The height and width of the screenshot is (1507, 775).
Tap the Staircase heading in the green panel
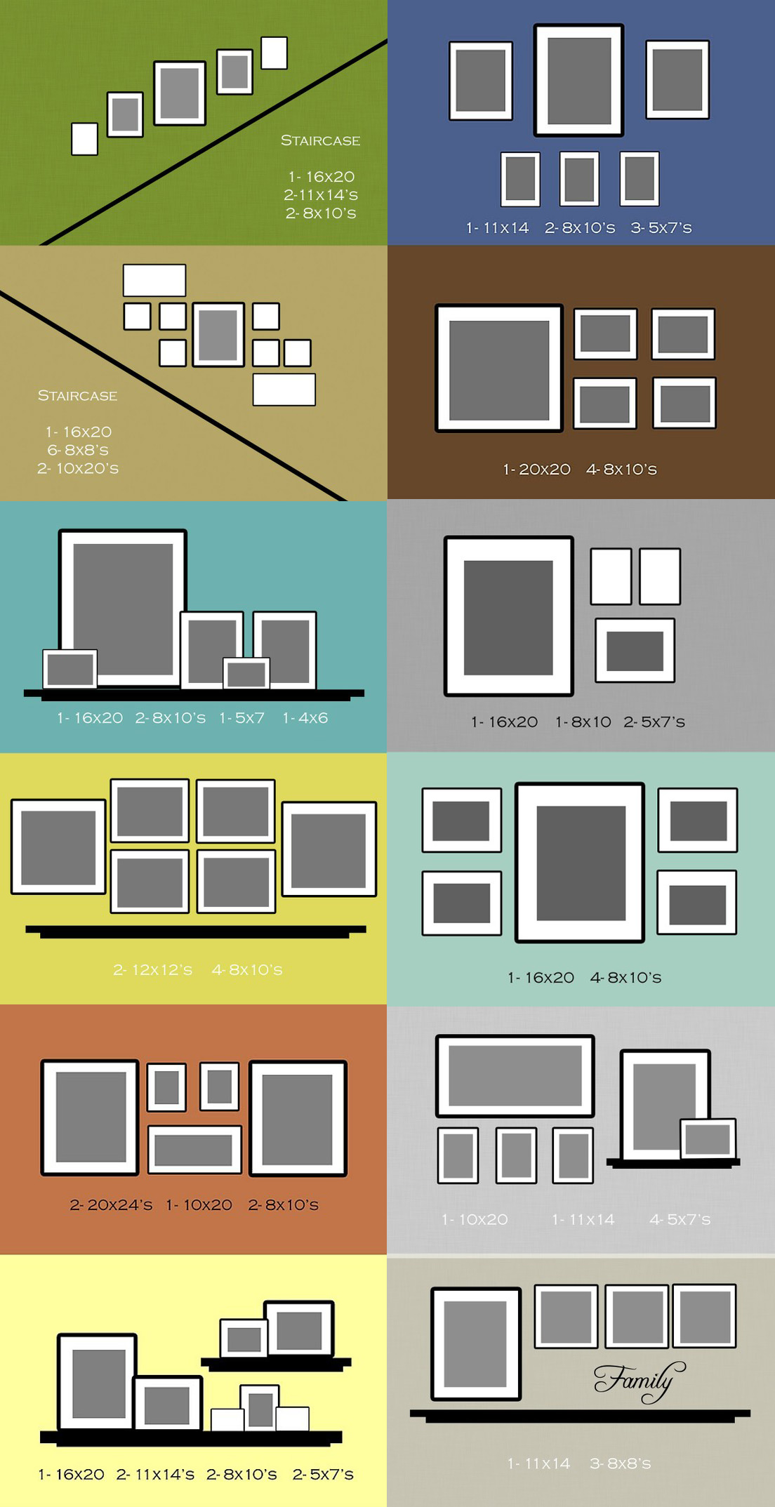click(320, 140)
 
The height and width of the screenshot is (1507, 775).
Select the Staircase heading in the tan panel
click(77, 396)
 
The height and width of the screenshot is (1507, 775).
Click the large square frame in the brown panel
click(499, 368)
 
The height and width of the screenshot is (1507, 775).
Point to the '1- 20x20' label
click(536, 470)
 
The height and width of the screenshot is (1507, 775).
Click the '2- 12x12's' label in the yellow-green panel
click(152, 970)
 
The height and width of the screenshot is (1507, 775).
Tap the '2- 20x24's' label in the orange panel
click(111, 1205)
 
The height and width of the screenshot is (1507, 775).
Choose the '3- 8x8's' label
click(620, 1463)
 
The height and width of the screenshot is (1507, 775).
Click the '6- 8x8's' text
click(78, 450)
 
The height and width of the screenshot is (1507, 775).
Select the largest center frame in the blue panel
click(578, 80)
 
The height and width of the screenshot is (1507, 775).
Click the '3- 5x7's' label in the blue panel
click(661, 228)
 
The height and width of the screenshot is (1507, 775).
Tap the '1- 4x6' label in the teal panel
click(305, 718)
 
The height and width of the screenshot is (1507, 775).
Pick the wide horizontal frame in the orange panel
click(194, 1150)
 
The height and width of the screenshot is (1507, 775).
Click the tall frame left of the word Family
click(476, 1343)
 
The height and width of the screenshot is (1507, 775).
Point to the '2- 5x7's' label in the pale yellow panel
click(323, 1474)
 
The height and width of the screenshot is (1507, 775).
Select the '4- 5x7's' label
click(680, 1220)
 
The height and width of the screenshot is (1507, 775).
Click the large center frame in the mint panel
click(580, 863)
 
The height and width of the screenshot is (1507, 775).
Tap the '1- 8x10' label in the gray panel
click(583, 722)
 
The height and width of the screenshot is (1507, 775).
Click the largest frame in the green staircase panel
click(180, 93)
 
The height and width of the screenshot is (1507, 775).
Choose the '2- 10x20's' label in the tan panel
click(78, 468)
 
